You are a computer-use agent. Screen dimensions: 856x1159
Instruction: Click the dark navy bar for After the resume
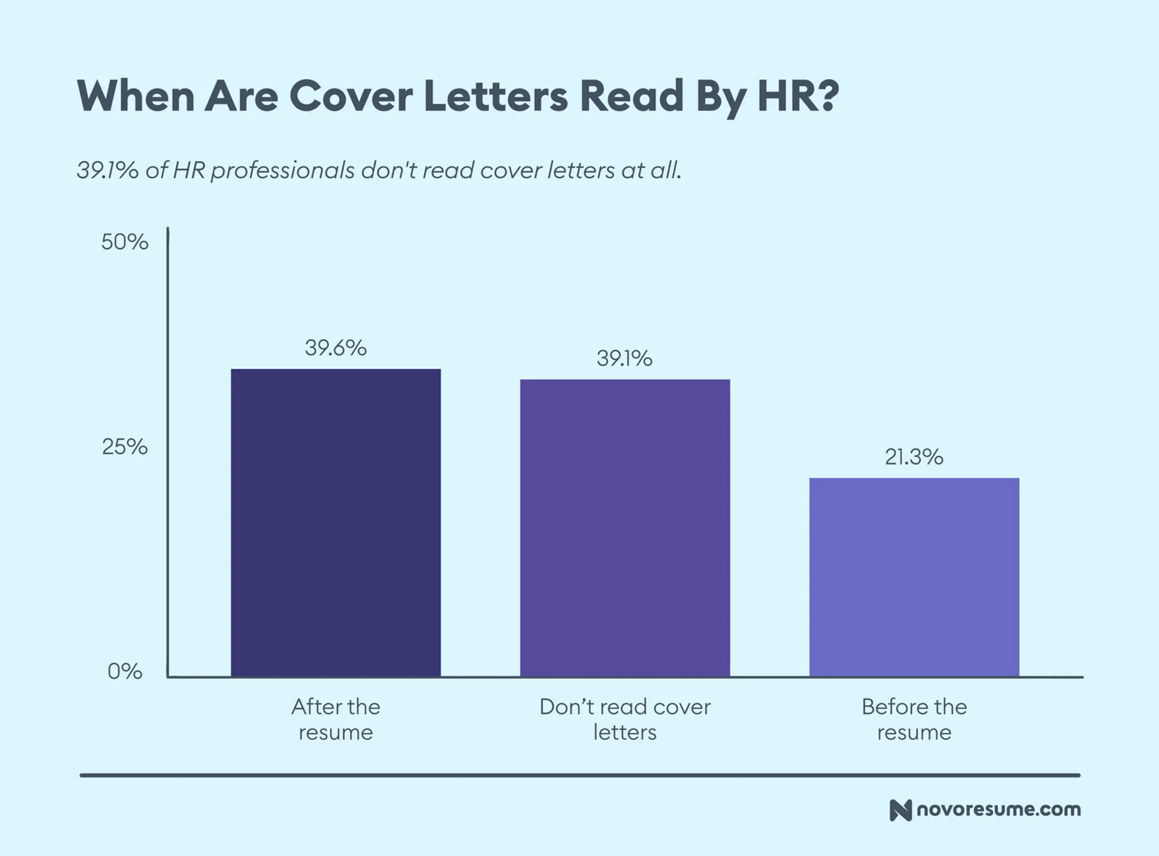tap(336, 522)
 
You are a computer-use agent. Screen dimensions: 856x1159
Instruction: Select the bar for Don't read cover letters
tap(625, 528)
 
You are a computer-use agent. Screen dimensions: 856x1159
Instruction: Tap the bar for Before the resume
tap(914, 577)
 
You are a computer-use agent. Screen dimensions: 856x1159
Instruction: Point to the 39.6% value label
tap(336, 348)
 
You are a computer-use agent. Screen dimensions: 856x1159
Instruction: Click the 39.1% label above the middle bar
tap(625, 359)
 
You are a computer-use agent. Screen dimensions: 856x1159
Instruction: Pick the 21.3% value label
tap(914, 457)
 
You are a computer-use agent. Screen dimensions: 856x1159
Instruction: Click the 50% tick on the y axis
tap(124, 242)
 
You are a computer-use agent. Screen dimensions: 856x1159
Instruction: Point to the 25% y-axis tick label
tap(124, 447)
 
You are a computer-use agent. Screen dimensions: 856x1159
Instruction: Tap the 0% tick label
tap(125, 671)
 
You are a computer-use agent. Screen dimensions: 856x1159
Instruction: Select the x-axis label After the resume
tap(336, 719)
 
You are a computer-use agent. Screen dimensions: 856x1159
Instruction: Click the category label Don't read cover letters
tap(625, 719)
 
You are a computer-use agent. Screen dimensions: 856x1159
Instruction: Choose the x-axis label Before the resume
tap(914, 719)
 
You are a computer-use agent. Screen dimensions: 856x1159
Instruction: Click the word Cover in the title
tap(351, 96)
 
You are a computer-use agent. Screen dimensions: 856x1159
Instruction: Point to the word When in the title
tap(135, 96)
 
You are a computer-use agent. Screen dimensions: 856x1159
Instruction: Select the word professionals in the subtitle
tap(283, 171)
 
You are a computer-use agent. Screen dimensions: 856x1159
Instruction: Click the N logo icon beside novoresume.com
tap(900, 810)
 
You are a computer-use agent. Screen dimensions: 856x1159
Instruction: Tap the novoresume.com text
tap(998, 810)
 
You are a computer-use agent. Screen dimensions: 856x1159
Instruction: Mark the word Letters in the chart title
tap(496, 96)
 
